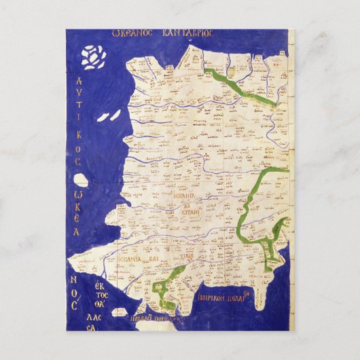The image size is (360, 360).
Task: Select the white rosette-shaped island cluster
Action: coord(93,56)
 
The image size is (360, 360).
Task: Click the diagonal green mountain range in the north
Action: coord(234,85)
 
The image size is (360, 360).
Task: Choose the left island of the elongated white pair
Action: coord(103,118)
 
